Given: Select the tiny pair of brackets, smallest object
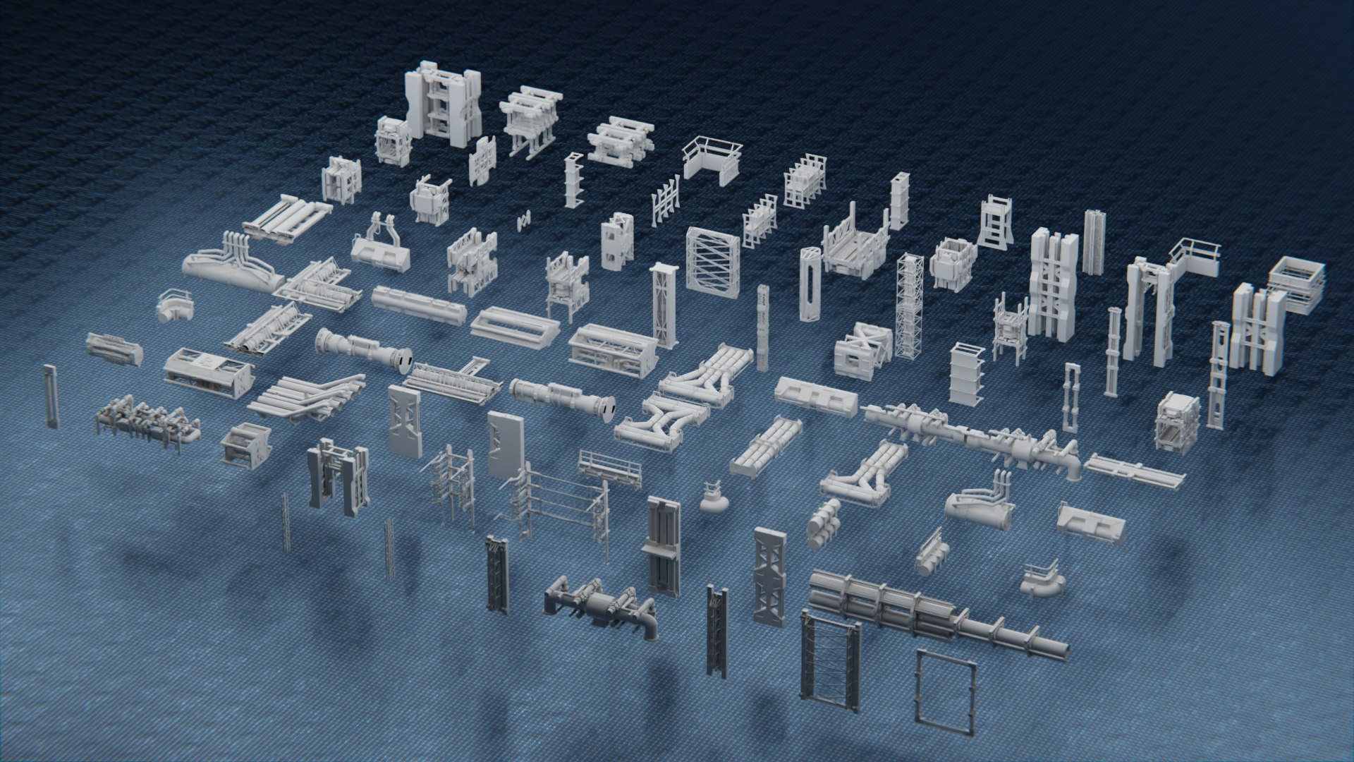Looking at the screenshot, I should [523, 221].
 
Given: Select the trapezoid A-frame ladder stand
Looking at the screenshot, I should [995, 222].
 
